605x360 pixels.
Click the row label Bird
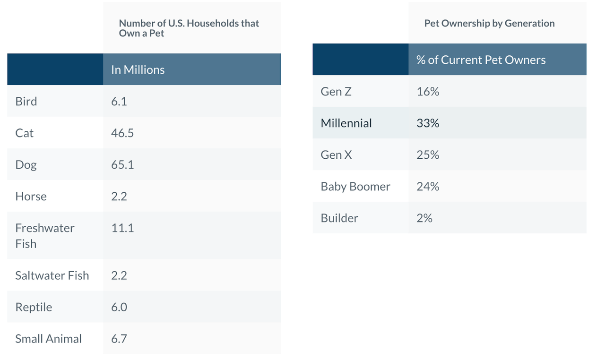26,102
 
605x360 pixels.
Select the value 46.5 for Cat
122,133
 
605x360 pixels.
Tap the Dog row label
26,165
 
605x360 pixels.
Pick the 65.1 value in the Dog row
122,165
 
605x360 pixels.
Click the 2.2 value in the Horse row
119,197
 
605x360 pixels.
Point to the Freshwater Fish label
44,236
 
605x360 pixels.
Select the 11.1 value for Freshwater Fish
122,228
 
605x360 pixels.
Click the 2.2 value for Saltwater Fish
119,275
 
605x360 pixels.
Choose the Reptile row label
34,307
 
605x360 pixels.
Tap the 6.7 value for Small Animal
119,339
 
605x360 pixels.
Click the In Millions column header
138,70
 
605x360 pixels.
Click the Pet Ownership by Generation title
489,23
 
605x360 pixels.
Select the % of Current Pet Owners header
481,60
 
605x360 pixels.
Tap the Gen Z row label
336,92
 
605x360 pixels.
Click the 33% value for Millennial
428,123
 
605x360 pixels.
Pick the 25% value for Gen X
428,155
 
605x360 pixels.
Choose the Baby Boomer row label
355,187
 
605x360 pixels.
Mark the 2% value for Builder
424,218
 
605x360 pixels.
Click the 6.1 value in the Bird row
119,102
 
